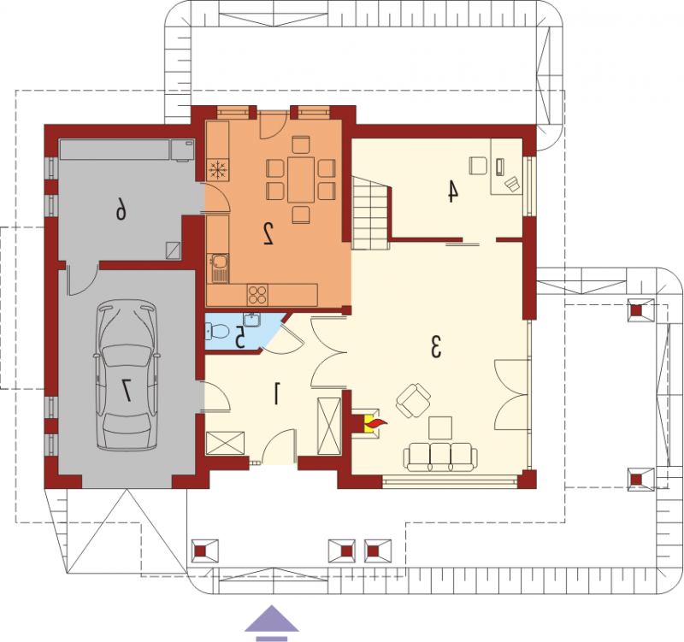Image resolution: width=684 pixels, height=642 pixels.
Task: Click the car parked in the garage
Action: (127, 375)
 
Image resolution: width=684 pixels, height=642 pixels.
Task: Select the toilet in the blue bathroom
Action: (217, 331)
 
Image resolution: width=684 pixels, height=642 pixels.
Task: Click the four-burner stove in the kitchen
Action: (257, 295)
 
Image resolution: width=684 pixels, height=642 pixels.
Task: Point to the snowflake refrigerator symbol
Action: (218, 169)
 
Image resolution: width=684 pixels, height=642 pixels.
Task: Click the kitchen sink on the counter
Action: (219, 268)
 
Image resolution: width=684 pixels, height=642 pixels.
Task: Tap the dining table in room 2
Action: (301, 180)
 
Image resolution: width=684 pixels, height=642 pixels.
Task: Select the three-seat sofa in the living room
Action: (440, 456)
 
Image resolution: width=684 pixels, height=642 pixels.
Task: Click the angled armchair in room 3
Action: (413, 400)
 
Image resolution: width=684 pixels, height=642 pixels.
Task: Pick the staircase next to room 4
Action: (370, 213)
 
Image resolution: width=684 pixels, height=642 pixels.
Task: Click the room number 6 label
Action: (121, 208)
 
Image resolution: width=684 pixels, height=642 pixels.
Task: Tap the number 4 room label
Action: (453, 191)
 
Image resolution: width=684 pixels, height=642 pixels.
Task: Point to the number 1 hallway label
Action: (276, 393)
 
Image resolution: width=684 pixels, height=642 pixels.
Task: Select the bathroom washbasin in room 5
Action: (251, 320)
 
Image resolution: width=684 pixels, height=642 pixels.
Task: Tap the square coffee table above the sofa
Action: (440, 427)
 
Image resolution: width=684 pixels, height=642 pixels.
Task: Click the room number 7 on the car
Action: (127, 390)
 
